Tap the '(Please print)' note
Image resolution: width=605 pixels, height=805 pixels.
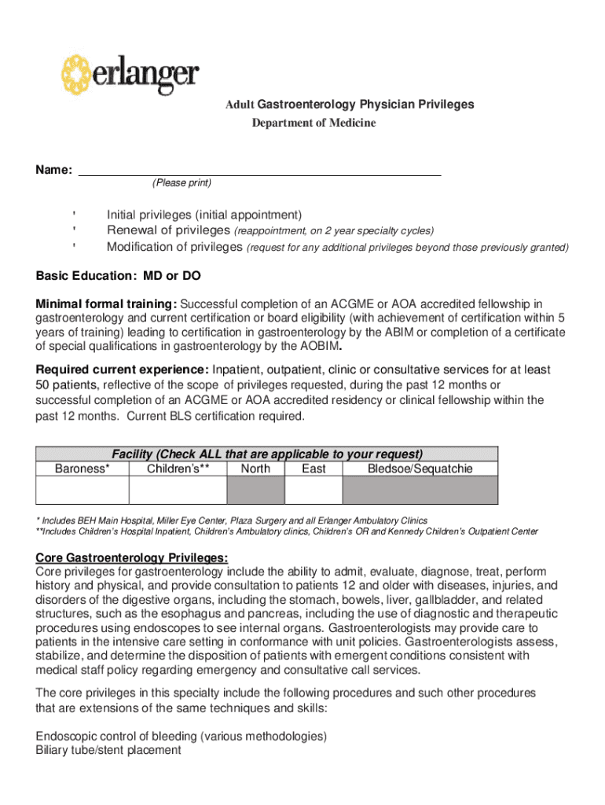tap(181, 183)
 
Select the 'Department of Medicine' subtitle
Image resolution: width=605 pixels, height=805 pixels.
tap(313, 123)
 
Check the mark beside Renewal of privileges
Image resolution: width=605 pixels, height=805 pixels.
tap(74, 231)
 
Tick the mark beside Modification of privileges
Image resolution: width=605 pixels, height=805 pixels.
tap(74, 248)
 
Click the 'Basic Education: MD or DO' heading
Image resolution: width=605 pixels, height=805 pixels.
tap(118, 277)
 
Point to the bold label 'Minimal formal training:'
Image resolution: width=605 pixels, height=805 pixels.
tap(107, 304)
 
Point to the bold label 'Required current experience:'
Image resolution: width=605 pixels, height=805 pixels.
tap(122, 370)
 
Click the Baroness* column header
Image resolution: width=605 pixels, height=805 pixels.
tap(82, 469)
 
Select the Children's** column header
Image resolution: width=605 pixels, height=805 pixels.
tap(178, 469)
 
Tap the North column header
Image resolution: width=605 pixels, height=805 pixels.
tap(255, 469)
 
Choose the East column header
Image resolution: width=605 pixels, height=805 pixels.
tap(313, 469)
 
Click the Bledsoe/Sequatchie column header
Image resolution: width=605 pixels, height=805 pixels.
tap(420, 469)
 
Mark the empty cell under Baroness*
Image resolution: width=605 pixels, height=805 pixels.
tap(82, 491)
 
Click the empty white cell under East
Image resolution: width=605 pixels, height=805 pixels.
tap(313, 491)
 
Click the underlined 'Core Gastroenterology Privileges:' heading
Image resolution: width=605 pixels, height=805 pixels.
tap(132, 558)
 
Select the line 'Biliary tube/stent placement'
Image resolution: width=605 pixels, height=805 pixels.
tap(108, 751)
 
